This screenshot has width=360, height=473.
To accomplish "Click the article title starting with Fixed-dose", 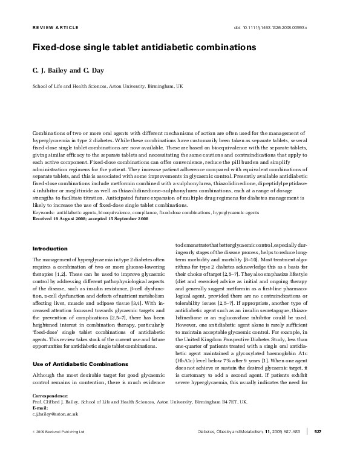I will click(x=144, y=47).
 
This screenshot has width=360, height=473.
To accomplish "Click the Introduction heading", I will click(x=50, y=249).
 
